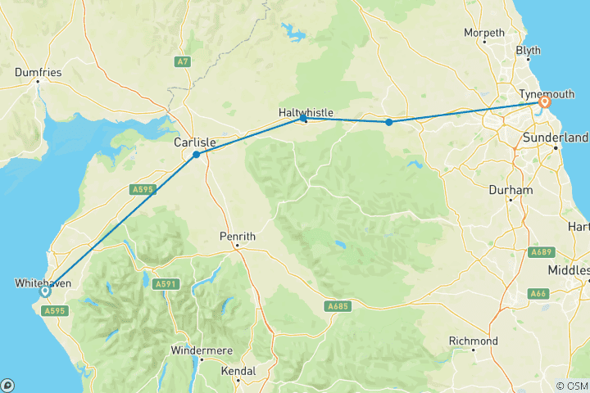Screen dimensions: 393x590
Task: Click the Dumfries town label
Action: tap(38, 72)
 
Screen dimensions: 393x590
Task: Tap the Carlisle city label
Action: tap(194, 142)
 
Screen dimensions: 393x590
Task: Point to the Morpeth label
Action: tap(484, 33)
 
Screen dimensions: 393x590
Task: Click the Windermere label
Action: tap(202, 350)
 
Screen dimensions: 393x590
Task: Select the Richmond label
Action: tap(473, 341)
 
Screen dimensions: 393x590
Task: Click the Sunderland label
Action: tap(556, 138)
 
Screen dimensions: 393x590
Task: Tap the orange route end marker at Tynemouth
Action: tap(543, 102)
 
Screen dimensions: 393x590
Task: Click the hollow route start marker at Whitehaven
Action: tap(45, 291)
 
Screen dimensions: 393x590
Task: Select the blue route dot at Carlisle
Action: tap(196, 154)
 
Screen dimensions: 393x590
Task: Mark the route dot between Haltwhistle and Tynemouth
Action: tap(389, 122)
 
